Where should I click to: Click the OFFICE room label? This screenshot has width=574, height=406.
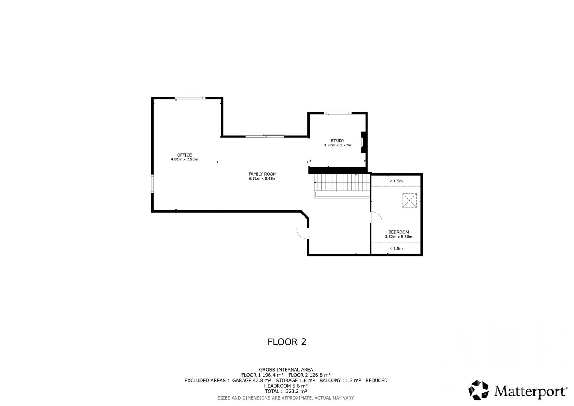(184, 155)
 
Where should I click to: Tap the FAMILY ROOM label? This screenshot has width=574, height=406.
(262, 174)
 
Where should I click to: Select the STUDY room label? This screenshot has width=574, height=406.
(338, 141)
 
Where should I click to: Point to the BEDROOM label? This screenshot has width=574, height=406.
(399, 232)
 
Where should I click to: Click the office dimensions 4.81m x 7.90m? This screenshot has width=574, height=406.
(184, 159)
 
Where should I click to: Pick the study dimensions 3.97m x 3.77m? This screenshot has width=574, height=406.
(338, 145)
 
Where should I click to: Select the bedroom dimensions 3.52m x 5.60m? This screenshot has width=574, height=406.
(399, 237)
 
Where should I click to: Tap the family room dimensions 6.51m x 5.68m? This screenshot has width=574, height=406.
(262, 178)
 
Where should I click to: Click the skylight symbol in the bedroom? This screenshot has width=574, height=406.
(409, 201)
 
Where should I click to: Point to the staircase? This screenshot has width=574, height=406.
(342, 186)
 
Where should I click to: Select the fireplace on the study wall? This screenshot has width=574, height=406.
(363, 143)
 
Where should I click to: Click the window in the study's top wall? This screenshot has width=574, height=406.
(338, 113)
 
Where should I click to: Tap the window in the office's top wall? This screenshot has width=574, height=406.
(190, 98)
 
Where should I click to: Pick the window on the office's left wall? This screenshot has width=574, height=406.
(152, 184)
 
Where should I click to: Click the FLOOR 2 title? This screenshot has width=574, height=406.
(287, 342)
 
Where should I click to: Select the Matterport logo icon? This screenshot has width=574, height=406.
(478, 390)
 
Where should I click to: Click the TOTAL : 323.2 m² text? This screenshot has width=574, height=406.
(286, 391)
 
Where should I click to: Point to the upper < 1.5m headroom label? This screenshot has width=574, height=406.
(396, 181)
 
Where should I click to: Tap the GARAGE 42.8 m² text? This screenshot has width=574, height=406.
(251, 381)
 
